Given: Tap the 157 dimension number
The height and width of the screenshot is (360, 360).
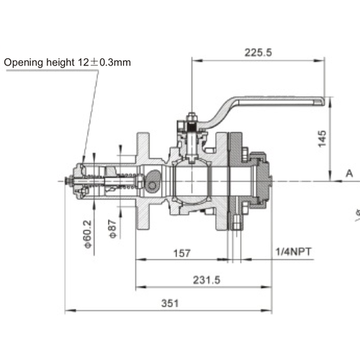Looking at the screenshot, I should click(182, 253).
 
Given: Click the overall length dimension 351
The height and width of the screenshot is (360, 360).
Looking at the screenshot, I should click(169, 303).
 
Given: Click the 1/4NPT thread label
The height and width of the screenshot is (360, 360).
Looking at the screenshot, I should click(294, 253).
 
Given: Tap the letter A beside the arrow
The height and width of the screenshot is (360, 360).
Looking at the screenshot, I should click(349, 174).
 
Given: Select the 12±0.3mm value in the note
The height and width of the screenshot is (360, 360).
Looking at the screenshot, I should click(105, 63).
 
